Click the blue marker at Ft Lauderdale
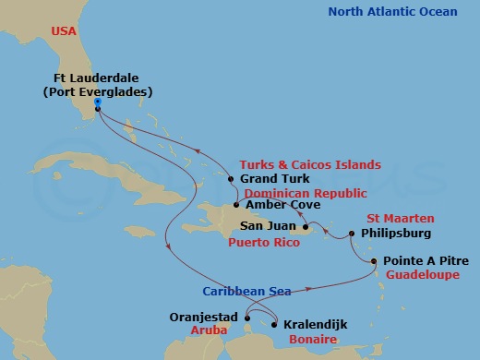click(x=98, y=102)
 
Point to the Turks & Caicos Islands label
click(x=316, y=164)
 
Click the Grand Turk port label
click(x=274, y=178)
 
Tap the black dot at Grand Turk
click(x=231, y=179)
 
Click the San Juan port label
click(x=268, y=225)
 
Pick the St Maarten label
click(x=381, y=218)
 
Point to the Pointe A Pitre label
click(x=424, y=261)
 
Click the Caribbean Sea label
click(x=246, y=292)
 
